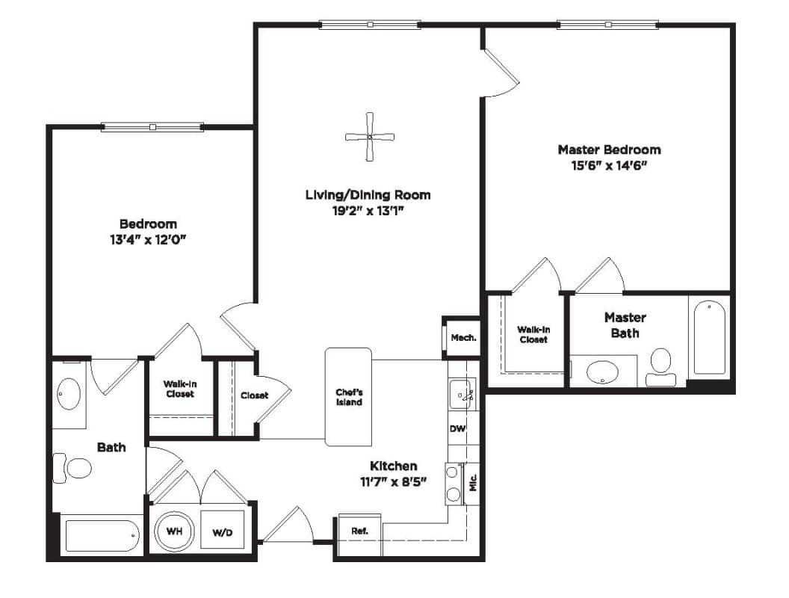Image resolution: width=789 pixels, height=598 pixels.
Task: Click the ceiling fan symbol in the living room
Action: click(x=370, y=137)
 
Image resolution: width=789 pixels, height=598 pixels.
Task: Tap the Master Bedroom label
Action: click(x=609, y=149)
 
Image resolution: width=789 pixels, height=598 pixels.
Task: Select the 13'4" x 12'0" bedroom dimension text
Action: click(x=148, y=240)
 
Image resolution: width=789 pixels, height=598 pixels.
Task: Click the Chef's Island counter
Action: click(x=348, y=397)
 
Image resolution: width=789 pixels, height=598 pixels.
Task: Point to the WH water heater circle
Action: click(x=173, y=531)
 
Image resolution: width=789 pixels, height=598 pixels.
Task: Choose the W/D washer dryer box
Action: click(x=223, y=529)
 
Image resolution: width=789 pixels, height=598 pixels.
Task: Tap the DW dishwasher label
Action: click(x=457, y=429)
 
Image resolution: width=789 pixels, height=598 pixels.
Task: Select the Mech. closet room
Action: click(x=463, y=338)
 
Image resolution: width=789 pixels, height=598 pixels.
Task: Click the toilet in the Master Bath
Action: click(x=660, y=368)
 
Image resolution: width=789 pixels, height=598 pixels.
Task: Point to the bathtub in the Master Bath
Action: click(x=710, y=337)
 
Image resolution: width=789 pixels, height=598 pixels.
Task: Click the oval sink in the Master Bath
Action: click(x=603, y=372)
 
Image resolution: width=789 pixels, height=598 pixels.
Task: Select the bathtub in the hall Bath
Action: click(x=102, y=535)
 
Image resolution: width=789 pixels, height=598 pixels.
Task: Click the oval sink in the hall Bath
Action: click(x=69, y=394)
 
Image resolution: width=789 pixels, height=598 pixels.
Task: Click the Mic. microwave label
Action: click(x=473, y=483)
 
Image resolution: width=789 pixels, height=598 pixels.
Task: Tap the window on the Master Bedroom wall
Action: click(x=608, y=24)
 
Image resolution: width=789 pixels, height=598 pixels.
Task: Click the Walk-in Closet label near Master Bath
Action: click(x=533, y=335)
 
